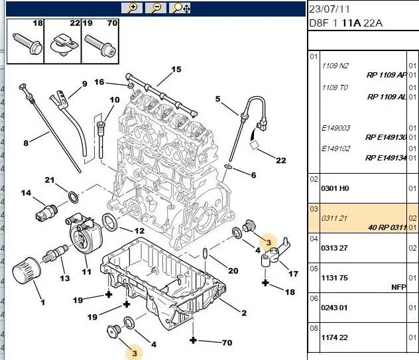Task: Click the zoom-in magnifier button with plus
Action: [x=132, y=8]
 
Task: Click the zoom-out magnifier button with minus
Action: [x=156, y=8]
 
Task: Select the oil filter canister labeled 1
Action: [x=27, y=270]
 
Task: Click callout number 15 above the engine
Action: [x=176, y=70]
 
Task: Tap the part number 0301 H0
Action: [x=335, y=188]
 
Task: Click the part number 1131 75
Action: [x=335, y=278]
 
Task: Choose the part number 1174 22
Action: [x=335, y=337]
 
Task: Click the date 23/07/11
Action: [x=329, y=9]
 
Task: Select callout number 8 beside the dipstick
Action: [x=26, y=143]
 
